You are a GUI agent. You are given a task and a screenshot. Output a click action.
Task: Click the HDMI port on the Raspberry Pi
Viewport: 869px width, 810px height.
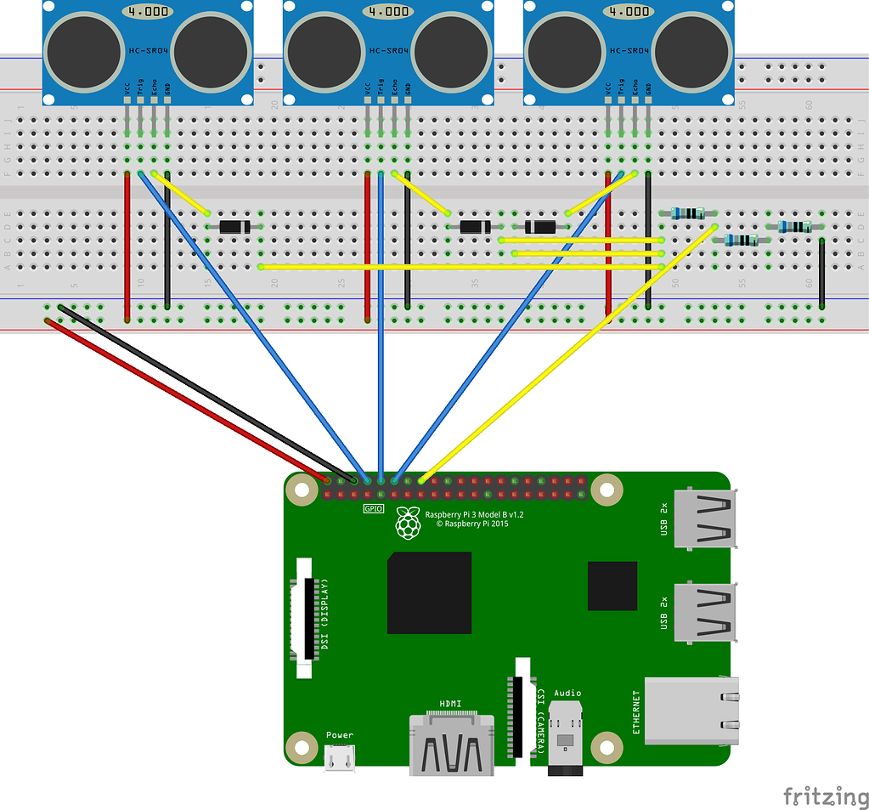point(451,744)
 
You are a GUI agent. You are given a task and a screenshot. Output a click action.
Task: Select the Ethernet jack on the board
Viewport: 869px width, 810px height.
point(690,711)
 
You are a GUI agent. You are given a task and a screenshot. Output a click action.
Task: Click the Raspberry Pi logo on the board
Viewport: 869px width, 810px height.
point(409,524)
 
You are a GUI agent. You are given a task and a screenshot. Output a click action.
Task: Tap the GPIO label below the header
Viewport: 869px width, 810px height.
point(373,508)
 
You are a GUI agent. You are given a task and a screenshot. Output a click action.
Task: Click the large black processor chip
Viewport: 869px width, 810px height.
point(429,592)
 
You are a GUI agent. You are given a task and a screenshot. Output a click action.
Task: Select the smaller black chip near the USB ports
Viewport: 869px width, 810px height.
point(612,586)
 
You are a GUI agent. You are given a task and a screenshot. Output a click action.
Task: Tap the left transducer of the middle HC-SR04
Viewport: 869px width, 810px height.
point(323,53)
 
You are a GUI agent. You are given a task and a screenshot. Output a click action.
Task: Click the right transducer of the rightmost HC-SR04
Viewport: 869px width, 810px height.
point(690,53)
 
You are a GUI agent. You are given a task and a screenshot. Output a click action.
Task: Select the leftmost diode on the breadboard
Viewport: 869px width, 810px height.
point(234,227)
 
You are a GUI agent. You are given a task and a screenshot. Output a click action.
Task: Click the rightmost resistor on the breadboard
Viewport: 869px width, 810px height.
point(795,227)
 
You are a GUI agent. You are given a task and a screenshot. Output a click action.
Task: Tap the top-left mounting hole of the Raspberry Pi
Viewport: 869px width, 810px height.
point(299,489)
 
